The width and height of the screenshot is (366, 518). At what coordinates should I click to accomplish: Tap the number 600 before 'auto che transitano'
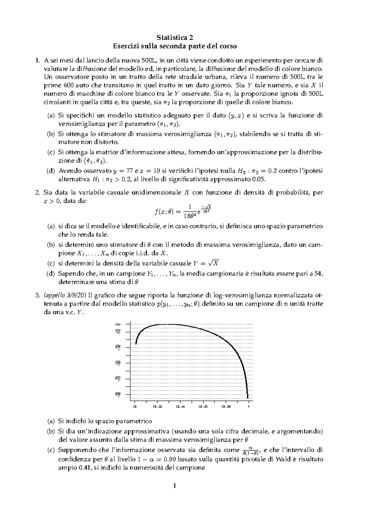[x=70, y=85]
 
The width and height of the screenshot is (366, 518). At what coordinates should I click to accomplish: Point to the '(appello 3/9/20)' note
[x=65, y=295]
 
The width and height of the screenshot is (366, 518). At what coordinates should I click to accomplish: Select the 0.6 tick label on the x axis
[x=203, y=407]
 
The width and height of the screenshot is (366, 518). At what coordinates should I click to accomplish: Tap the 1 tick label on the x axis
[x=249, y=407]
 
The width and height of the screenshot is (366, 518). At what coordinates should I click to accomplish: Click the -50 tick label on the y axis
[x=117, y=363]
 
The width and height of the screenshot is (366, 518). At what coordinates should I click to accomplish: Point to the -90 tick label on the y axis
[x=117, y=394]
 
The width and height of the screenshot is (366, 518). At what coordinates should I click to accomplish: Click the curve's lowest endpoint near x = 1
[x=248, y=398]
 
